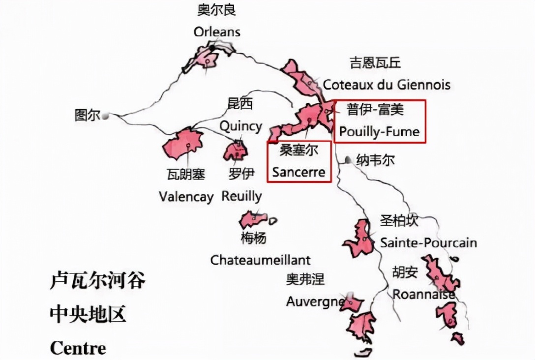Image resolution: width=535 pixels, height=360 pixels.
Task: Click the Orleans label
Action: tap(217, 32)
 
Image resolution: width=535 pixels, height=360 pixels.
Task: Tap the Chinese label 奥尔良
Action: tap(217, 10)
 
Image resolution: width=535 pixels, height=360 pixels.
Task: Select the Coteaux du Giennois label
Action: tap(386, 85)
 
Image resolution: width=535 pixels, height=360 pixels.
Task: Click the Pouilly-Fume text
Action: tap(379, 132)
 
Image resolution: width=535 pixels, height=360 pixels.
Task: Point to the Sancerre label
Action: tap(299, 172)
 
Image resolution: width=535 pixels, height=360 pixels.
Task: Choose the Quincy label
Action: tap(240, 126)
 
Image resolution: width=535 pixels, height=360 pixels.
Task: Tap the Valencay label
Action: tap(186, 197)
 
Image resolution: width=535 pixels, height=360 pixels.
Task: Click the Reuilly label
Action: tap(241, 196)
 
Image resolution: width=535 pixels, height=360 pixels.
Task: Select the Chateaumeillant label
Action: tap(261, 260)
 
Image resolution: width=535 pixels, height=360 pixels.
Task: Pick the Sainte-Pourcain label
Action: tap(428, 242)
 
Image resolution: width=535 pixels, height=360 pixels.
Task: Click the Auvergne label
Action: tap(315, 301)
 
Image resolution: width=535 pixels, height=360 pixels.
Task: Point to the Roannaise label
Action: tap(423, 294)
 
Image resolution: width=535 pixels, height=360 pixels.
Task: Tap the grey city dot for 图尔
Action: tap(105, 116)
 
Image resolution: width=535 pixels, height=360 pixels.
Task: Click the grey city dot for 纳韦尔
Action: tap(348, 160)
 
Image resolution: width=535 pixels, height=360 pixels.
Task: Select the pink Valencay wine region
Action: tap(183, 144)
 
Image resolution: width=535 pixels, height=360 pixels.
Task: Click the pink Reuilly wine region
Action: tap(236, 151)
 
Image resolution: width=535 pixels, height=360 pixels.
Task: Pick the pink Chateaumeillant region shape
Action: tap(254, 219)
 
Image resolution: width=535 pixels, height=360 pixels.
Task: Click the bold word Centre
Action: tap(78, 348)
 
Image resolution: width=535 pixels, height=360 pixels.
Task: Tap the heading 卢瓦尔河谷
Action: tap(98, 281)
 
